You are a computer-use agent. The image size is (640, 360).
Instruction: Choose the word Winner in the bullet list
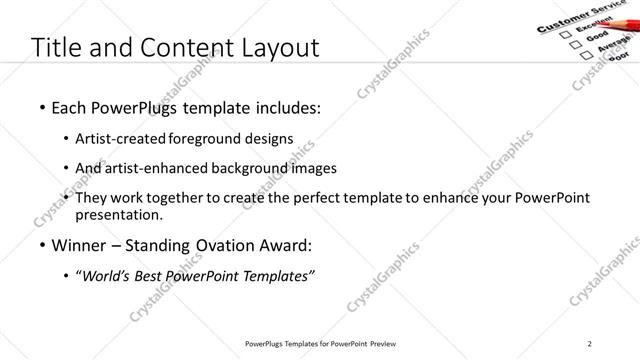[x=79, y=244]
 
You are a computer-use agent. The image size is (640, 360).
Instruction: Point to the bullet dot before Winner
[x=42, y=245]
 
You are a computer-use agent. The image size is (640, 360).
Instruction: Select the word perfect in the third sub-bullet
[x=364, y=198]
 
